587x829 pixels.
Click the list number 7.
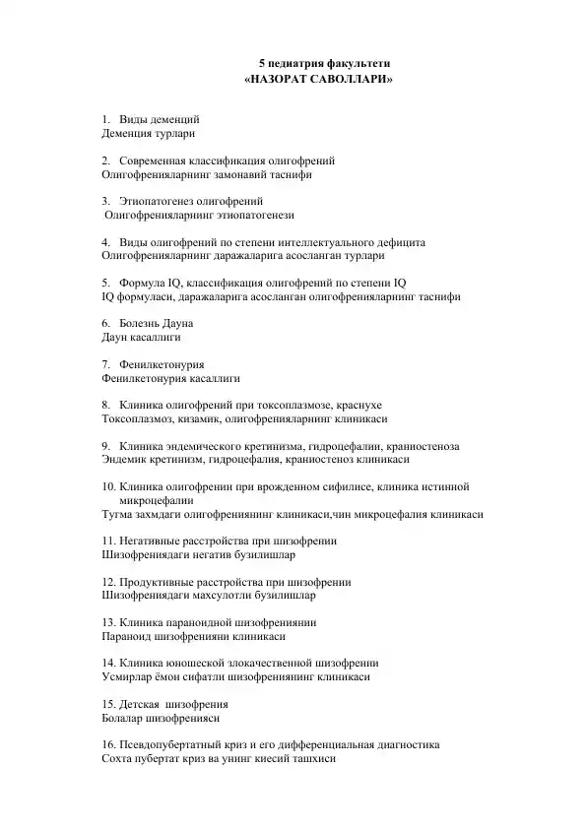pos(105,363)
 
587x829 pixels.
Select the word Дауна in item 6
pos(174,323)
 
